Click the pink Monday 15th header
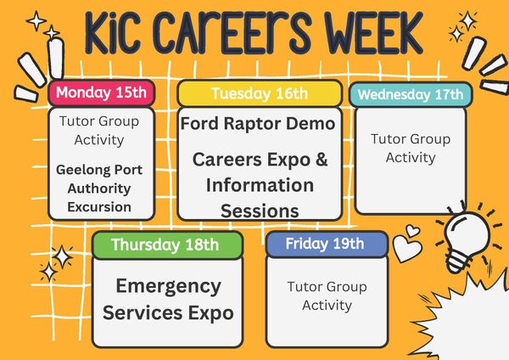(101, 93)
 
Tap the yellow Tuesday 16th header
(260, 93)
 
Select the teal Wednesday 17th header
(411, 94)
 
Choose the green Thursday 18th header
(167, 245)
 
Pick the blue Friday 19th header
(327, 244)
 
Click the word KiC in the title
(113, 33)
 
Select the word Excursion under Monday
(99, 207)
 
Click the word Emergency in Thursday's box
(169, 287)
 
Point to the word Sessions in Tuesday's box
(260, 211)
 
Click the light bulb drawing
(467, 238)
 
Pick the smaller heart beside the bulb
(413, 230)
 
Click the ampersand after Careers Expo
(321, 160)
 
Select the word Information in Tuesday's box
(260, 185)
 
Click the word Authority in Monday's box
(99, 188)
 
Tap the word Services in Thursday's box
(143, 313)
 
